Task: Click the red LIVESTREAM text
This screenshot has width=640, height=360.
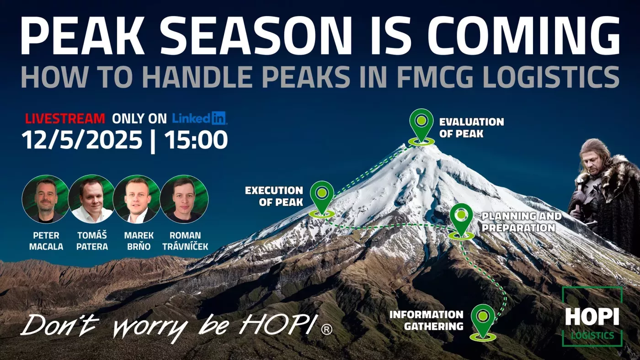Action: pos(65,118)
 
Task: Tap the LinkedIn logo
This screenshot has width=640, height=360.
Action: pos(199,118)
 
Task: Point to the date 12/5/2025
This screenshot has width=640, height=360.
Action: pos(82,140)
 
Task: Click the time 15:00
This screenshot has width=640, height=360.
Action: pos(196,140)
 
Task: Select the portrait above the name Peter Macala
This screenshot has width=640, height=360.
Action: pos(46,199)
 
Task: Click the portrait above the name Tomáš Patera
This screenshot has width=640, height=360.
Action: pos(92,199)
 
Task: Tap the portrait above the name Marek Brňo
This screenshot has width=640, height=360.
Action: pos(138,199)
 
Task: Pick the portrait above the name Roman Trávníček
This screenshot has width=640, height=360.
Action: pos(184,199)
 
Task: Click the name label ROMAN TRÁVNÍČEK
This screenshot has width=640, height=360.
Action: pos(185,241)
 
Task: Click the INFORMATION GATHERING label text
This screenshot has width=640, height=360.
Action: pos(426,320)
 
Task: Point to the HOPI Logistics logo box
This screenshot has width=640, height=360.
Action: pos(592,317)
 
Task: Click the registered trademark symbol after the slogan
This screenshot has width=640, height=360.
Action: pos(326,329)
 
